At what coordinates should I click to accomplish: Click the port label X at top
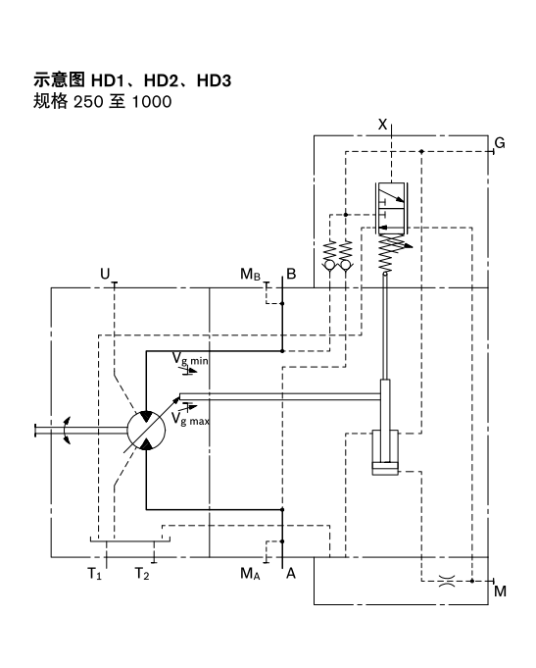383,124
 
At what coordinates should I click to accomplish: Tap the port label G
500,143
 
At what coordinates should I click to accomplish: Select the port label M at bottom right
500,591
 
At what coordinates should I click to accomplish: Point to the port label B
291,274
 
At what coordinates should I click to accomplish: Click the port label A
290,574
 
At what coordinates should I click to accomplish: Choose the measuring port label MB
252,275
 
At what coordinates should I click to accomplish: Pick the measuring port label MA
252,574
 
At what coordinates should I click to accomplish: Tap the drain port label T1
94,574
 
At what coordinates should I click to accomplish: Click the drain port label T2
143,574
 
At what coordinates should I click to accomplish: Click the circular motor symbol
145,430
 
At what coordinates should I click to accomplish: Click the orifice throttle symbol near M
443,580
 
